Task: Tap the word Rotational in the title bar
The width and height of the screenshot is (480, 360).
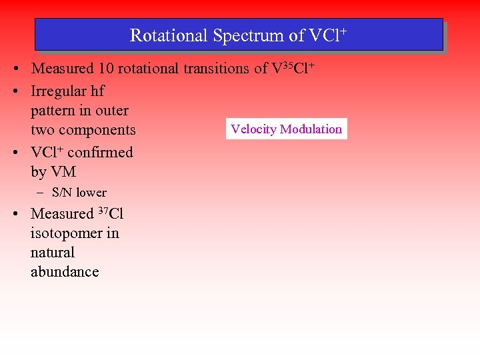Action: pyautogui.click(x=169, y=35)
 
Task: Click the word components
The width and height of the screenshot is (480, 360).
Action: pyautogui.click(x=96, y=130)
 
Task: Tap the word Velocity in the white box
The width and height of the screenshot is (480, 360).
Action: pyautogui.click(x=253, y=129)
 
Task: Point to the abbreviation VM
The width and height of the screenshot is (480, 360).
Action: pyautogui.click(x=63, y=172)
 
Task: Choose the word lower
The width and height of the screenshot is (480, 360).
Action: pyautogui.click(x=91, y=193)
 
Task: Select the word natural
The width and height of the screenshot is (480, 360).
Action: pyautogui.click(x=53, y=253)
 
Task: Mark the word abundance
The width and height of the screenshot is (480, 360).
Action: pyautogui.click(x=65, y=272)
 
